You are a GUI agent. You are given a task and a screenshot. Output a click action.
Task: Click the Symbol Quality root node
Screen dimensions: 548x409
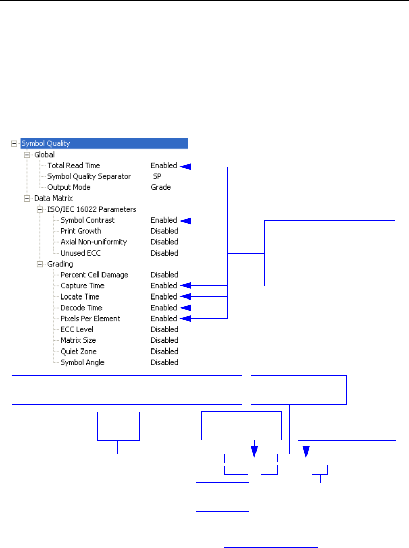click(x=45, y=143)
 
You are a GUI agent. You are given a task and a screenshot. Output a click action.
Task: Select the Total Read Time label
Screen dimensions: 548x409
click(x=74, y=165)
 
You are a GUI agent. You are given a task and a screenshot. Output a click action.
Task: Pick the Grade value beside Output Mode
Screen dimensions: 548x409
click(x=161, y=187)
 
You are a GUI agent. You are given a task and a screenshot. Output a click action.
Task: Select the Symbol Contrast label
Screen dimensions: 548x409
click(x=87, y=220)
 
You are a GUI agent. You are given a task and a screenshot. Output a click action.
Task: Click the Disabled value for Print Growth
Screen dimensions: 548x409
click(x=164, y=231)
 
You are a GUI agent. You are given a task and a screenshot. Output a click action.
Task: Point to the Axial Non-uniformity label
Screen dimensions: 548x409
click(x=93, y=242)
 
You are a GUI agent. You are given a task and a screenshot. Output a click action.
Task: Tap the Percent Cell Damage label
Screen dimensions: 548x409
click(x=94, y=275)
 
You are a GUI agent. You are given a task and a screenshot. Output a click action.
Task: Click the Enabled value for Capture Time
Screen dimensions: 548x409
click(x=164, y=286)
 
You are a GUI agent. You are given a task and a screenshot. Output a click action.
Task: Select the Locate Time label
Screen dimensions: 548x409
click(x=80, y=296)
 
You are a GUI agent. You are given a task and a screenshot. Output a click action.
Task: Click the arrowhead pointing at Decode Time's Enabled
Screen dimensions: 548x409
click(x=185, y=308)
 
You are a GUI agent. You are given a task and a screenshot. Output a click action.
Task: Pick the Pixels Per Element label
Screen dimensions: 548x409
click(x=90, y=319)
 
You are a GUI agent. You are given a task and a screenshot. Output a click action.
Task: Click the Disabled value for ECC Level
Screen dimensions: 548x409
click(x=164, y=329)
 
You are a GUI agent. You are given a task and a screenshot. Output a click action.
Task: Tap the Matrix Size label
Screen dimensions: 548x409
click(x=78, y=340)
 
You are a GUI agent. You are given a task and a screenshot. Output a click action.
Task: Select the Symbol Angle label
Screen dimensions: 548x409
click(x=82, y=362)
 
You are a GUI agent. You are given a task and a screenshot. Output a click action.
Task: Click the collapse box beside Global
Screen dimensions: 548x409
click(x=27, y=155)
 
